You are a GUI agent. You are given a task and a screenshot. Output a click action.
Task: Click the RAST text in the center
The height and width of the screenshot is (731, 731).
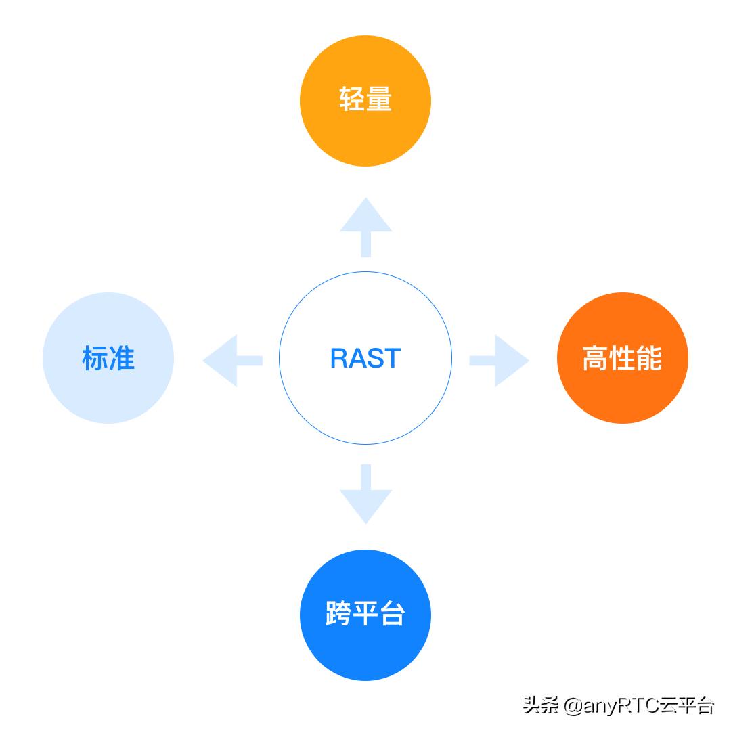coord(365,358)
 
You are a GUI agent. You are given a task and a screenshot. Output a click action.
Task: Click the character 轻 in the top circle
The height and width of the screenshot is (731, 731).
coord(351,101)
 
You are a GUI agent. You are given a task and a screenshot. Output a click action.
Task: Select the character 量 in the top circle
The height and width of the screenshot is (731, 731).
coord(380,101)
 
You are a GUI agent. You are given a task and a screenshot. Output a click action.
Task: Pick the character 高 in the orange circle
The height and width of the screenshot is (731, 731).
coord(595,358)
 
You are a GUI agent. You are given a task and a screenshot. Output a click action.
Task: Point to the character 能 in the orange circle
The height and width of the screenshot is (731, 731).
coord(649,358)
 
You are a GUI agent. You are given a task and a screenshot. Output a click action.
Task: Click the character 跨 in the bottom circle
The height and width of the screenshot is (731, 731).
coord(338,615)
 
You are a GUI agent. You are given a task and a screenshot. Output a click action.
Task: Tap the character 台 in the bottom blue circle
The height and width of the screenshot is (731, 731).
coord(393,615)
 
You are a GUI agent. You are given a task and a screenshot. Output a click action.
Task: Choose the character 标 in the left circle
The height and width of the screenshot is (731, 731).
coord(95,358)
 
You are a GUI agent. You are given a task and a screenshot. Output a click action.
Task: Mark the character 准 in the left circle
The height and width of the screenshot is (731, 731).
coord(123,358)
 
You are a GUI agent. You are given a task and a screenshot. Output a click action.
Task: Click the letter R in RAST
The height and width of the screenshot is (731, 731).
coord(339,358)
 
